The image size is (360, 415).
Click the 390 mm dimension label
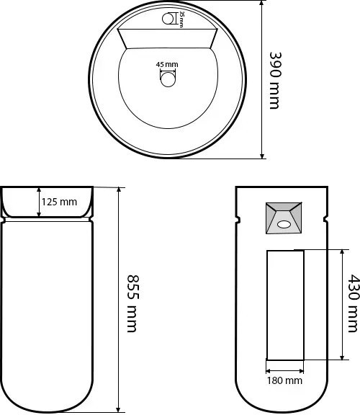click(x=274, y=80)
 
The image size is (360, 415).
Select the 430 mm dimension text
click(x=354, y=303)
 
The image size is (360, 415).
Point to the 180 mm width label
click(x=284, y=380)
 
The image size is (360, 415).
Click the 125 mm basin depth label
click(x=59, y=202)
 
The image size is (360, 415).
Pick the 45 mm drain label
click(x=167, y=64)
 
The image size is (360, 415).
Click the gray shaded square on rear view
click(x=284, y=218)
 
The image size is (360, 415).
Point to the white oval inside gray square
click(x=284, y=224)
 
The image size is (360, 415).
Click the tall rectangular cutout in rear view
click(x=284, y=305)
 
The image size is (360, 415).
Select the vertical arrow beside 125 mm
click(x=38, y=202)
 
